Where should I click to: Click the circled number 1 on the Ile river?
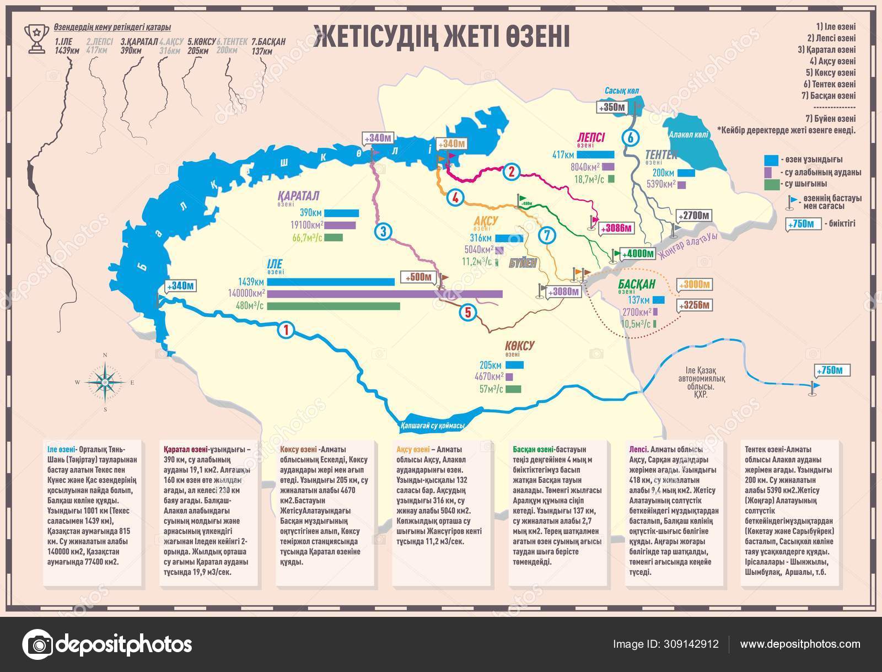click(286, 330)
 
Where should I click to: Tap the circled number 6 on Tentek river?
click(631, 138)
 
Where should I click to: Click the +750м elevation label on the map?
click(833, 370)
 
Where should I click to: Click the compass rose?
click(105, 381)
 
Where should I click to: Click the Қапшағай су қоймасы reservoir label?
click(431, 425)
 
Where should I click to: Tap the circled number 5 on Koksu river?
click(467, 313)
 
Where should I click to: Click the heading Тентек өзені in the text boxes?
click(763, 449)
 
